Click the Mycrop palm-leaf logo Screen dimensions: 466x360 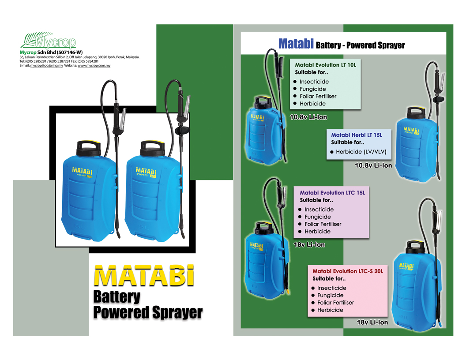pos(48,41)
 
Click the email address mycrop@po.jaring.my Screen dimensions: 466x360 pos(46,66)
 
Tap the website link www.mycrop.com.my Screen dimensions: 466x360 pos(94,66)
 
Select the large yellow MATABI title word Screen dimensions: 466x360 pos(144,275)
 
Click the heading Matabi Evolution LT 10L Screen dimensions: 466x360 pos(325,65)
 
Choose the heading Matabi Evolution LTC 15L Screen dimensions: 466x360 pos(332,192)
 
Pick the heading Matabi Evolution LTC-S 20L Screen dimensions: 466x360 pos(348,271)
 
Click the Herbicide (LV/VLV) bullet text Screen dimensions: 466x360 pos(361,152)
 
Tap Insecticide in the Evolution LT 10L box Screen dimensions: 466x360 pos(314,82)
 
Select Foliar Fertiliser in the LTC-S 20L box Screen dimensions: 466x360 pos(335,303)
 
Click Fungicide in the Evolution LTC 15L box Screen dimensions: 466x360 pos(317,217)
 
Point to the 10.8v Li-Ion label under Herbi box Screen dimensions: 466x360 pos(373,165)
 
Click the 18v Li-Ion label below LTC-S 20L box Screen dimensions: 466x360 pos(372,322)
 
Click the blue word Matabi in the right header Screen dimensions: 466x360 pos(296,44)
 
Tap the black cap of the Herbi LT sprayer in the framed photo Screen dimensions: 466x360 pos(152,149)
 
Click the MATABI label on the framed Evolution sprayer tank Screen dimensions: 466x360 pos(82,171)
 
